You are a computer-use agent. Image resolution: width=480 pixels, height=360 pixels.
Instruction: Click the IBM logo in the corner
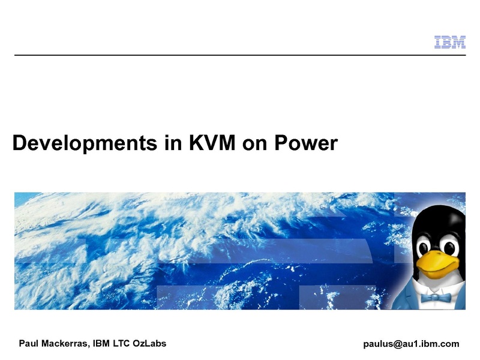click(x=449, y=42)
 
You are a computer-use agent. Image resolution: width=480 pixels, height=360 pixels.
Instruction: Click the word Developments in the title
click(x=85, y=143)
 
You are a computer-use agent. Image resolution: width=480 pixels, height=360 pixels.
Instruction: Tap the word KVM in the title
click(x=212, y=142)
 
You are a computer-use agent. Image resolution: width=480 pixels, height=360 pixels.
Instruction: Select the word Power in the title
click(x=306, y=142)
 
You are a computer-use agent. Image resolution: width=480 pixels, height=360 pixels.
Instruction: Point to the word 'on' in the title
click(x=254, y=144)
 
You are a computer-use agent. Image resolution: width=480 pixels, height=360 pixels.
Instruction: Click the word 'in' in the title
click(x=173, y=142)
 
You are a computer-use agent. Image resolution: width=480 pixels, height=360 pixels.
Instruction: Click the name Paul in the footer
click(x=28, y=343)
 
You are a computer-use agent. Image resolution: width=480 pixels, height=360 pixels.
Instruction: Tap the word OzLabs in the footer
click(x=149, y=343)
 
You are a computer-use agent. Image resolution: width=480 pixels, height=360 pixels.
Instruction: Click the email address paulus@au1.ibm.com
click(x=411, y=344)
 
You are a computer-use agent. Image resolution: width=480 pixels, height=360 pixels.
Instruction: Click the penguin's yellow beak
click(x=439, y=264)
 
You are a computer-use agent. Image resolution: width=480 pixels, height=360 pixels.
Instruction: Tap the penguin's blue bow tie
click(x=436, y=298)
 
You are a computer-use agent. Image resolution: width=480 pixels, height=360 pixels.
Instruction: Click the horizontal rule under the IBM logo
click(x=240, y=55)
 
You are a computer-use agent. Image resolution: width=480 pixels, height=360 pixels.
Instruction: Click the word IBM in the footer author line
click(x=101, y=343)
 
